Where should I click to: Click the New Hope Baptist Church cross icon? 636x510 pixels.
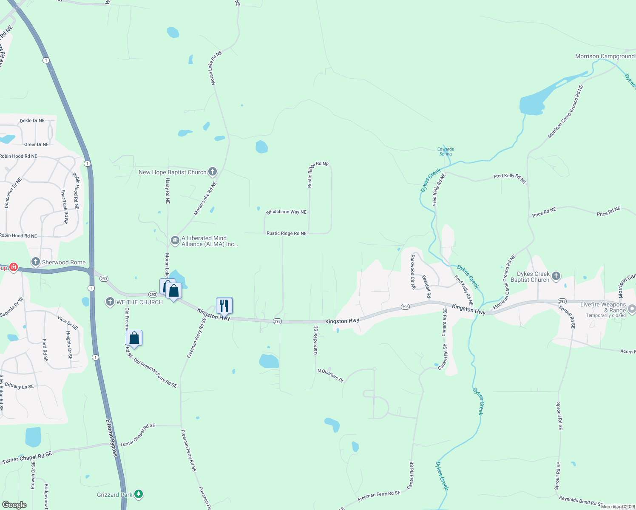tap(213, 172)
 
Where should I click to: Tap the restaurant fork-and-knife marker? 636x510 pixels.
tap(224, 305)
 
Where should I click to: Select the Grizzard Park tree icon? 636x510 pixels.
tap(139, 494)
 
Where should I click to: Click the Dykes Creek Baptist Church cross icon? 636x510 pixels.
tap(556, 276)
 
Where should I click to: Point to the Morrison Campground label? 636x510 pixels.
tap(604, 57)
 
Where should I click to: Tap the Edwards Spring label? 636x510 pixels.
tap(446, 151)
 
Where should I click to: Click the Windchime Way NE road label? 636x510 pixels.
tap(286, 212)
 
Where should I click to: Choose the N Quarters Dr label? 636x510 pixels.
tap(330, 375)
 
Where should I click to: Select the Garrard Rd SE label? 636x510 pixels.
tap(316, 340)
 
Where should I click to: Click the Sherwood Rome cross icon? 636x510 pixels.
tap(36, 262)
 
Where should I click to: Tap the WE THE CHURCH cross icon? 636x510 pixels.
tap(110, 302)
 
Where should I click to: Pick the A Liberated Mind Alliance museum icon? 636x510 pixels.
tap(175, 241)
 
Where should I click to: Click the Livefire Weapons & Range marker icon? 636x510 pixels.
tap(632, 309)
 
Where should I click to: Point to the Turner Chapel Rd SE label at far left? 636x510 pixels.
tap(27, 458)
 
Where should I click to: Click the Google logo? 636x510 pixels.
tap(14, 504)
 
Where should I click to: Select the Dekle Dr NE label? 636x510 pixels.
tap(32, 121)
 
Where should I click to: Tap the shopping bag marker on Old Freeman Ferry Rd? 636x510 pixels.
tap(134, 338)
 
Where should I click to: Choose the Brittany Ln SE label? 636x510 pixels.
tap(19, 386)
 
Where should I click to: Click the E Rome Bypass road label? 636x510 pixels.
tap(112, 438)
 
